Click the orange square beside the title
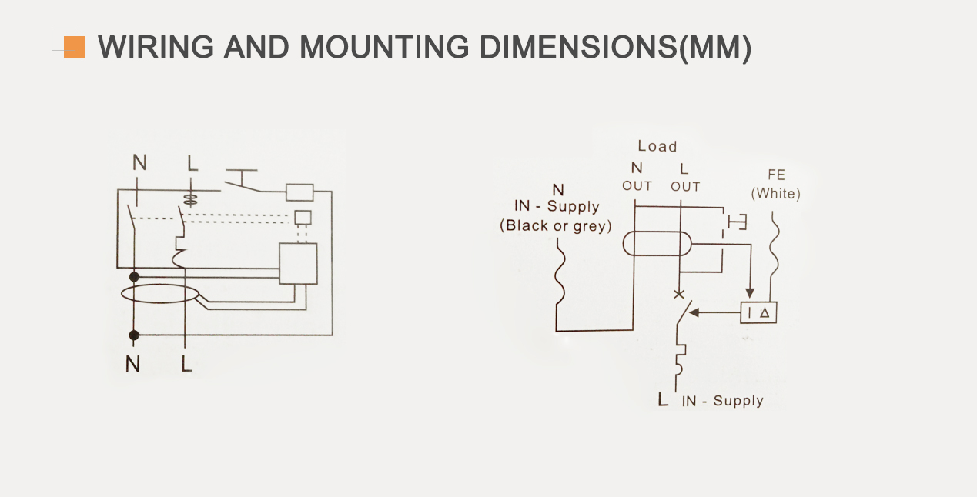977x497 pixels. (x=75, y=47)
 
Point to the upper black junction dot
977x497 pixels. (x=134, y=275)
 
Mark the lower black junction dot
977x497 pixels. (x=134, y=335)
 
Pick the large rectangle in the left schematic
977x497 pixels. (x=298, y=264)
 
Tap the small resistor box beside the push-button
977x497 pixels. (x=299, y=191)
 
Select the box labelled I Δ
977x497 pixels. (x=758, y=312)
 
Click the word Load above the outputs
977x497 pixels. (x=657, y=146)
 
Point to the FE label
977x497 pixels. (x=776, y=175)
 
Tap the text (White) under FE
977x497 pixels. (x=776, y=194)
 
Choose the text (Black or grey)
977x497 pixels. (x=555, y=226)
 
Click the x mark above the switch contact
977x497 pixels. (x=678, y=294)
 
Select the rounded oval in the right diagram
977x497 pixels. (x=656, y=244)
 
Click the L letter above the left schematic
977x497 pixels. (x=192, y=162)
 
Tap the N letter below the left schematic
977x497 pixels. (x=133, y=364)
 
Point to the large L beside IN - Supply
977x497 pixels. (x=663, y=399)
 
